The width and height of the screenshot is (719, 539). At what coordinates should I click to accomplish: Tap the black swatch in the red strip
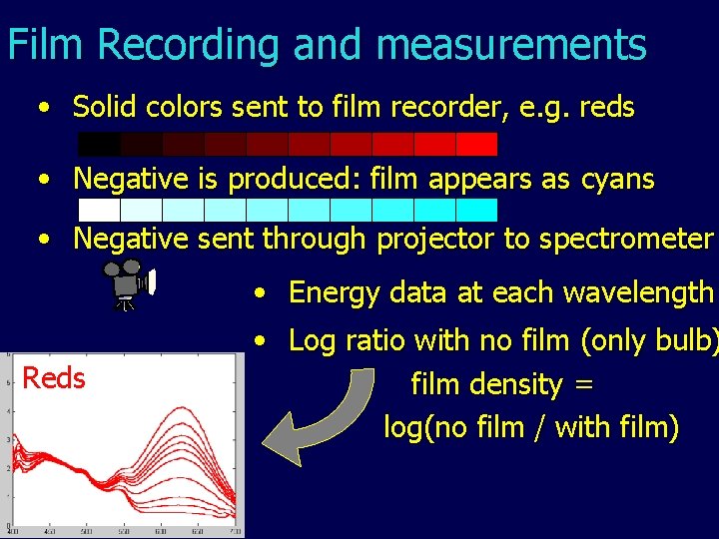pos(98,144)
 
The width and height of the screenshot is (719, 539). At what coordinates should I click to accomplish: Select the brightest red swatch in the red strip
pos(476,144)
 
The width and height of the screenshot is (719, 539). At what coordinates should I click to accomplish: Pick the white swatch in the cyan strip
pos(98,210)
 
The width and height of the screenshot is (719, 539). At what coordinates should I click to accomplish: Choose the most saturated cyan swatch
pos(476,210)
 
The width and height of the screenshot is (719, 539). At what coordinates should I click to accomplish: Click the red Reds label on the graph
pos(54,378)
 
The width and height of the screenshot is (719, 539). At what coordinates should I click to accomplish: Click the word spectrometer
pos(628,240)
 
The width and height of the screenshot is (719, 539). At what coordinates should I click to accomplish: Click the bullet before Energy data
pos(259,293)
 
